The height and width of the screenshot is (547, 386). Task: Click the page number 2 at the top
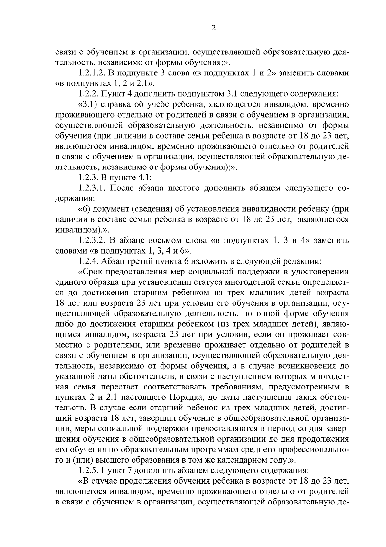pos(213,28)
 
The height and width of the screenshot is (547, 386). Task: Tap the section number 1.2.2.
pos(88,94)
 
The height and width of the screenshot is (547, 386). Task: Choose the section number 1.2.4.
pos(88,262)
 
